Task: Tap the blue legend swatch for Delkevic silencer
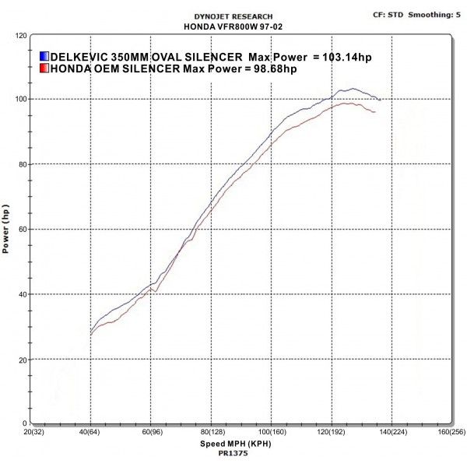44,57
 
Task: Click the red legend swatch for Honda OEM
44,68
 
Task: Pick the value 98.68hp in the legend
272,68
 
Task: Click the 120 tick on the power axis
21,36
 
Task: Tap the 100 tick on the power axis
21,100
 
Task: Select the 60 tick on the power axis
23,230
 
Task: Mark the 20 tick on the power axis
23,359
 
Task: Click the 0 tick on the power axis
25,423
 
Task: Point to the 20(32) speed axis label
33,432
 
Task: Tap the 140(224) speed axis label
391,432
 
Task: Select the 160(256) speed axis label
451,432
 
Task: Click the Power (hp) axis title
6,230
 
